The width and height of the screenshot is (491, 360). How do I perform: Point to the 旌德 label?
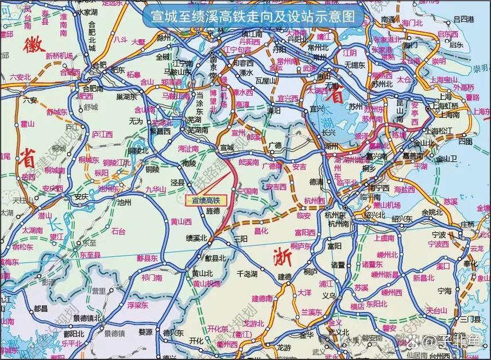click(212, 211)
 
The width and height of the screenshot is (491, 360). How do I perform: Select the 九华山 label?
click(155, 188)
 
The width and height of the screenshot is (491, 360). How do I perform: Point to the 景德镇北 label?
click(87, 318)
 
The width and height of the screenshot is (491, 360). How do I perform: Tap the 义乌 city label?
click(328, 296)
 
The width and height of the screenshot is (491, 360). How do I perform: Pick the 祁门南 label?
click(152, 277)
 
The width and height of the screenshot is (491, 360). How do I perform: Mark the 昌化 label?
click(261, 231)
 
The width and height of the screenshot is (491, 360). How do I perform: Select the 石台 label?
click(118, 232)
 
